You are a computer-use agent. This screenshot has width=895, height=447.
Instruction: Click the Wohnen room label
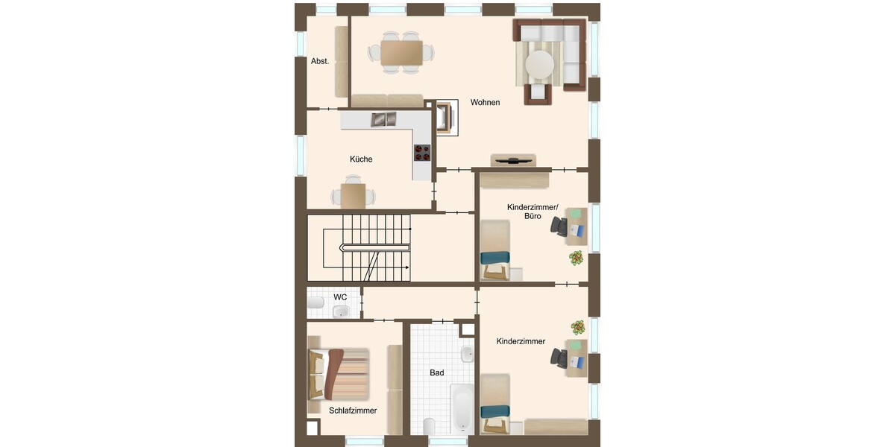485,102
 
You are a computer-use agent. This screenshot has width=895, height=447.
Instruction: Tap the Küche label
361,159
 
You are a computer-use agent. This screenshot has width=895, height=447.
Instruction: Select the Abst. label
320,61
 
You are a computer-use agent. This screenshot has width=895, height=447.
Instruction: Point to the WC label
340,297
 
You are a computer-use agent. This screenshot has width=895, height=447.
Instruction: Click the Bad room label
437,372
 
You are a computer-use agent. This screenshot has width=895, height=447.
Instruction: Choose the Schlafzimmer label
353,410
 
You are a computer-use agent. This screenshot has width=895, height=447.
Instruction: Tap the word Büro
533,216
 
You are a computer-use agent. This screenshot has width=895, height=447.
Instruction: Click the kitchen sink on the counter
383,119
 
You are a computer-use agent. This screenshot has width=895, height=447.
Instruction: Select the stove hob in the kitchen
422,153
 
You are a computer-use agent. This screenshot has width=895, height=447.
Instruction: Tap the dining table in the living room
401,53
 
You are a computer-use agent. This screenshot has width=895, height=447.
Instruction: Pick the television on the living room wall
513,161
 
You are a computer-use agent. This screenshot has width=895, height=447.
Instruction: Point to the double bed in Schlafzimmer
338,374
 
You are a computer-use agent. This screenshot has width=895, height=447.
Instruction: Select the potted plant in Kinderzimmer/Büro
576,258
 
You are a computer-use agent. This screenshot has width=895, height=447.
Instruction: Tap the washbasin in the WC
341,311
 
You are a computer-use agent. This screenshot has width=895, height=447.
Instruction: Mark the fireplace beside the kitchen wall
446,118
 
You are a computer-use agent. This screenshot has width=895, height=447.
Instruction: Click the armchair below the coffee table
538,94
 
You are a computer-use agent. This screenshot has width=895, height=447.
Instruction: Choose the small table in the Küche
353,196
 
